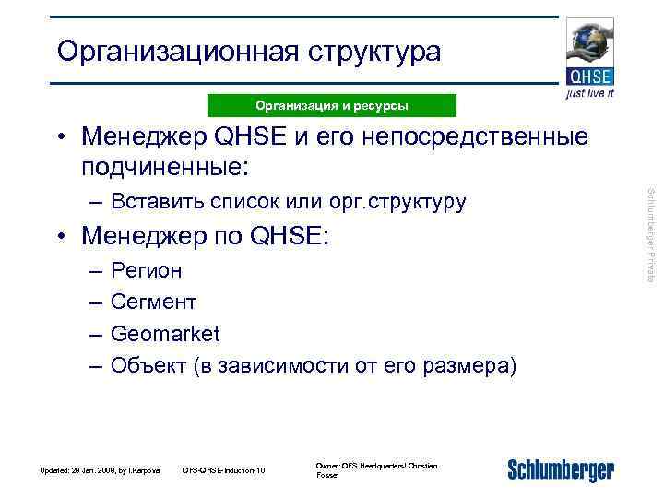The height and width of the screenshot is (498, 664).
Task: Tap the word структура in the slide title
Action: coord(372,53)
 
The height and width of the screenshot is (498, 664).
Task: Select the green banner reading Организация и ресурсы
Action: coord(332,106)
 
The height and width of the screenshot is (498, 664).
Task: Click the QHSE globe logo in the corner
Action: coord(589,52)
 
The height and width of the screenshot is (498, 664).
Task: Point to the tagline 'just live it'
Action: coord(589,93)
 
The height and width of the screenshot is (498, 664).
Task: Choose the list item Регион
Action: coord(146,271)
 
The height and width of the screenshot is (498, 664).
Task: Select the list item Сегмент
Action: coord(153,302)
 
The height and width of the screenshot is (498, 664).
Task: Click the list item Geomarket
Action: coord(165,333)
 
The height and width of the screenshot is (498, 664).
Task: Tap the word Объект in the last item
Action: coord(148,364)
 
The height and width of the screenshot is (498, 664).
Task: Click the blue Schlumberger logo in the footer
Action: coord(560,469)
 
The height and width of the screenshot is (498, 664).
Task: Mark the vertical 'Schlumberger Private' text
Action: coord(650,234)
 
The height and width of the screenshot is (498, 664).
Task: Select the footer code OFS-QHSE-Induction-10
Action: coord(224,471)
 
